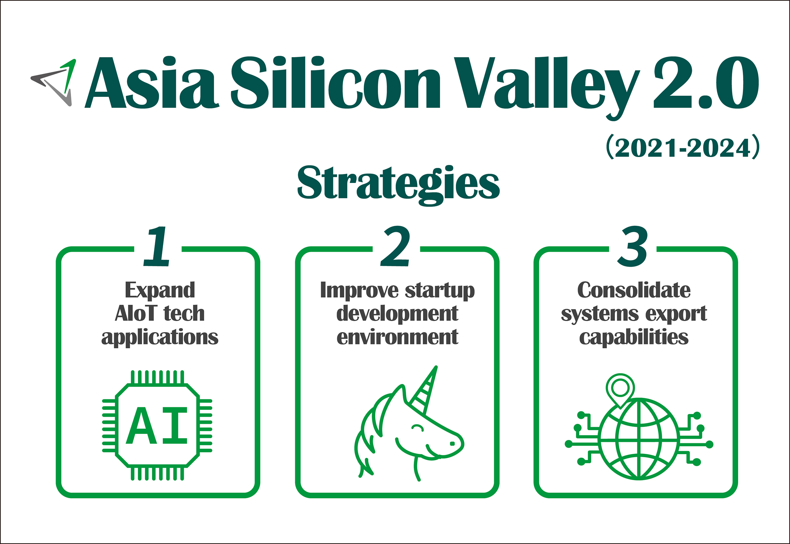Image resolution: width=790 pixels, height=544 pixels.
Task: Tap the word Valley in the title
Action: pyautogui.click(x=547, y=87)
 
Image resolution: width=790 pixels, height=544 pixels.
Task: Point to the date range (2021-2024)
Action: pyautogui.click(x=683, y=147)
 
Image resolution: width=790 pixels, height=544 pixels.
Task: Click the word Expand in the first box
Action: pyautogui.click(x=160, y=290)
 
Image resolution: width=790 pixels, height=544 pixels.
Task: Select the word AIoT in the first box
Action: pyautogui.click(x=136, y=313)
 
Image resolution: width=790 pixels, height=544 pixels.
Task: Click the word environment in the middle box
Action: pyautogui.click(x=397, y=337)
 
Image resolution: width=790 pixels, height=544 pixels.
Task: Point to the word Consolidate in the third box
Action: pyautogui.click(x=634, y=290)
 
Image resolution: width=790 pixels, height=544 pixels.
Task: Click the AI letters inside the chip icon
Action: pyautogui.click(x=157, y=425)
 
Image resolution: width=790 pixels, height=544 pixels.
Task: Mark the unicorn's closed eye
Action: pyautogui.click(x=418, y=428)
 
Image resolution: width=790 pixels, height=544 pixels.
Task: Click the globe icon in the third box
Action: pyautogui.click(x=639, y=439)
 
